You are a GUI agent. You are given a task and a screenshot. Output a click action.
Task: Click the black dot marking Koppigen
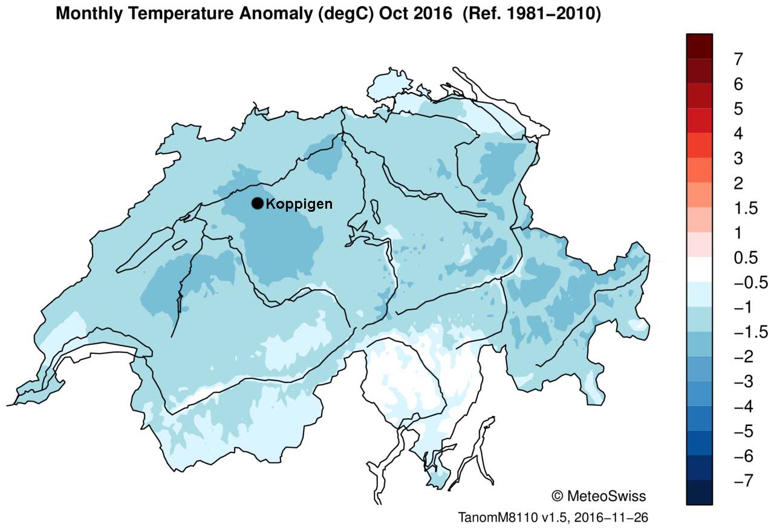coord(257,203)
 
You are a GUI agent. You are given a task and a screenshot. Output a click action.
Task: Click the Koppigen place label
coord(299,204)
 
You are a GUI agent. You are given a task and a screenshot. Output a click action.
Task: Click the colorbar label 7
coord(738,59)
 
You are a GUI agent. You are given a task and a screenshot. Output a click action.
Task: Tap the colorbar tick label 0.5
coord(746,258)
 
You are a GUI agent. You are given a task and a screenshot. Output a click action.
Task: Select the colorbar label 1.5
coord(746,208)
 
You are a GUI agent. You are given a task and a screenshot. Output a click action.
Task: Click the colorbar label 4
coord(738,133)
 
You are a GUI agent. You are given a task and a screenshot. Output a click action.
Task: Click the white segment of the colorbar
coord(700,270)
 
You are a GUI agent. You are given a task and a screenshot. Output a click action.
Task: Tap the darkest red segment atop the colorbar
coord(700,46)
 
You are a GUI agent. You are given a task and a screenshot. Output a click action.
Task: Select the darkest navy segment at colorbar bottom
coord(700,492)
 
